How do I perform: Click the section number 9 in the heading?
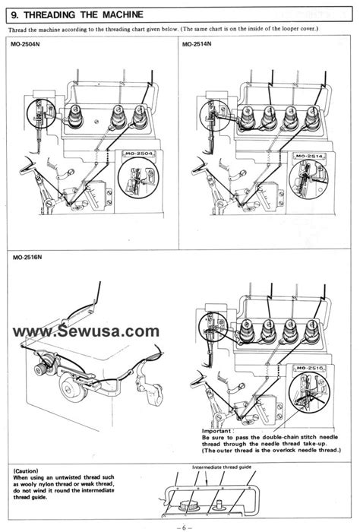click(16, 11)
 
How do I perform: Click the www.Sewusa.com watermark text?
click(85, 331)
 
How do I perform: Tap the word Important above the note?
click(219, 432)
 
